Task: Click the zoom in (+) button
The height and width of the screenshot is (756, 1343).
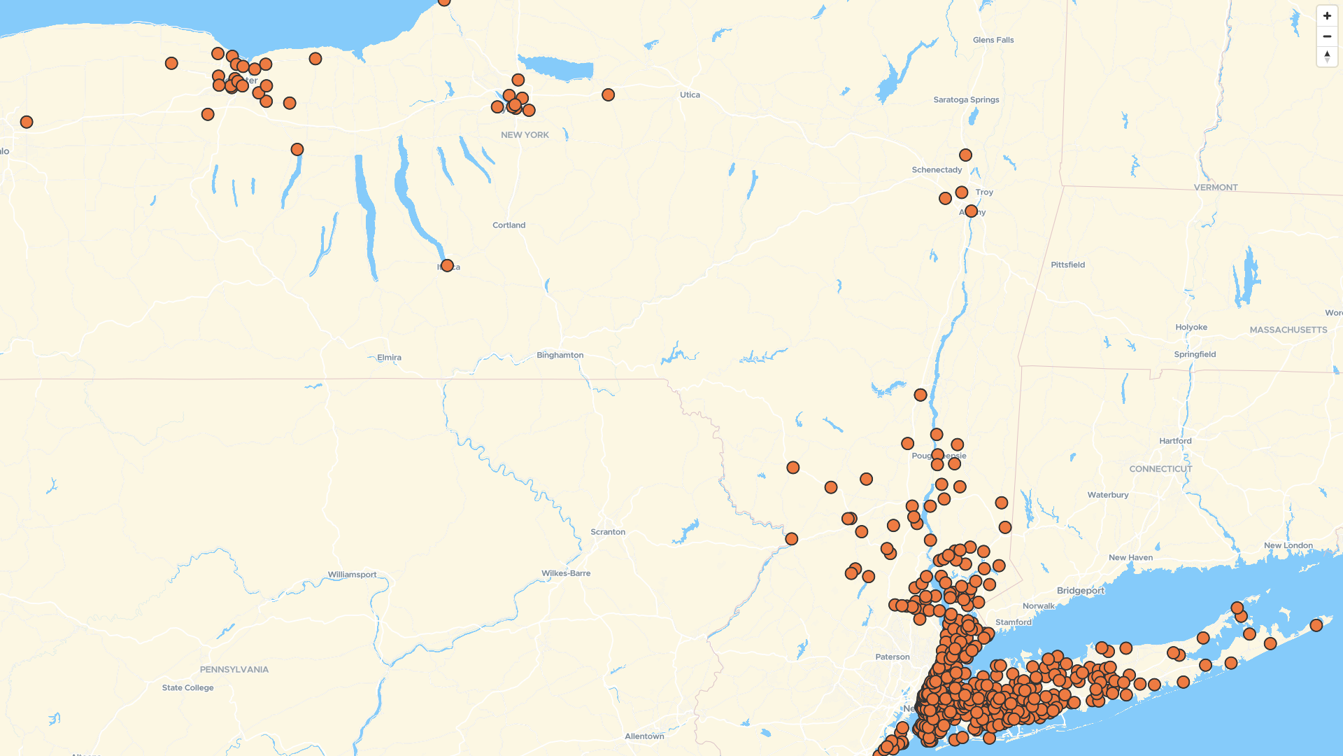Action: (x=1327, y=16)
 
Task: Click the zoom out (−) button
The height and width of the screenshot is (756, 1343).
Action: (x=1327, y=36)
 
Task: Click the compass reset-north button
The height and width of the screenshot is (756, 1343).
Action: (x=1327, y=57)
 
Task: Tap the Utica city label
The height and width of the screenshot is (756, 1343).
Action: (x=690, y=95)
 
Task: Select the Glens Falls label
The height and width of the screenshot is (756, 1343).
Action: (x=993, y=41)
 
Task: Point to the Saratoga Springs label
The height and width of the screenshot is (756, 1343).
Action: (x=966, y=100)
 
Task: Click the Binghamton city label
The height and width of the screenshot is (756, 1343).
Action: (x=560, y=356)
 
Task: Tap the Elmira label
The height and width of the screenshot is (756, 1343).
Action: (x=389, y=358)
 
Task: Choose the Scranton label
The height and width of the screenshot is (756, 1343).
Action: (x=608, y=532)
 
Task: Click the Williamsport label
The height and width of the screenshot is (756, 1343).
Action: (x=352, y=575)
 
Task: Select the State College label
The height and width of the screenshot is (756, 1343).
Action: (x=187, y=688)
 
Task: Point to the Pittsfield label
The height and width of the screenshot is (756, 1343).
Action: (x=1067, y=265)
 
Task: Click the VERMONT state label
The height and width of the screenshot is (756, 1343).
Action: (x=1216, y=188)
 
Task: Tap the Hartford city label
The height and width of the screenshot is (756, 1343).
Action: (x=1175, y=441)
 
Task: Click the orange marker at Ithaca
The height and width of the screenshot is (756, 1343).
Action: (x=447, y=266)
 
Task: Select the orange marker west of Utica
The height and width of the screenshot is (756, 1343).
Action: (x=608, y=95)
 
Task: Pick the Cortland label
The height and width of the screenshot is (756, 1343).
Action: (x=509, y=225)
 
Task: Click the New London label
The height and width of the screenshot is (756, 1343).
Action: (x=1288, y=546)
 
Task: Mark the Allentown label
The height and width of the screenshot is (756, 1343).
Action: (x=644, y=736)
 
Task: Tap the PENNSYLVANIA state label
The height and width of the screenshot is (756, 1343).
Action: (x=234, y=670)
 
